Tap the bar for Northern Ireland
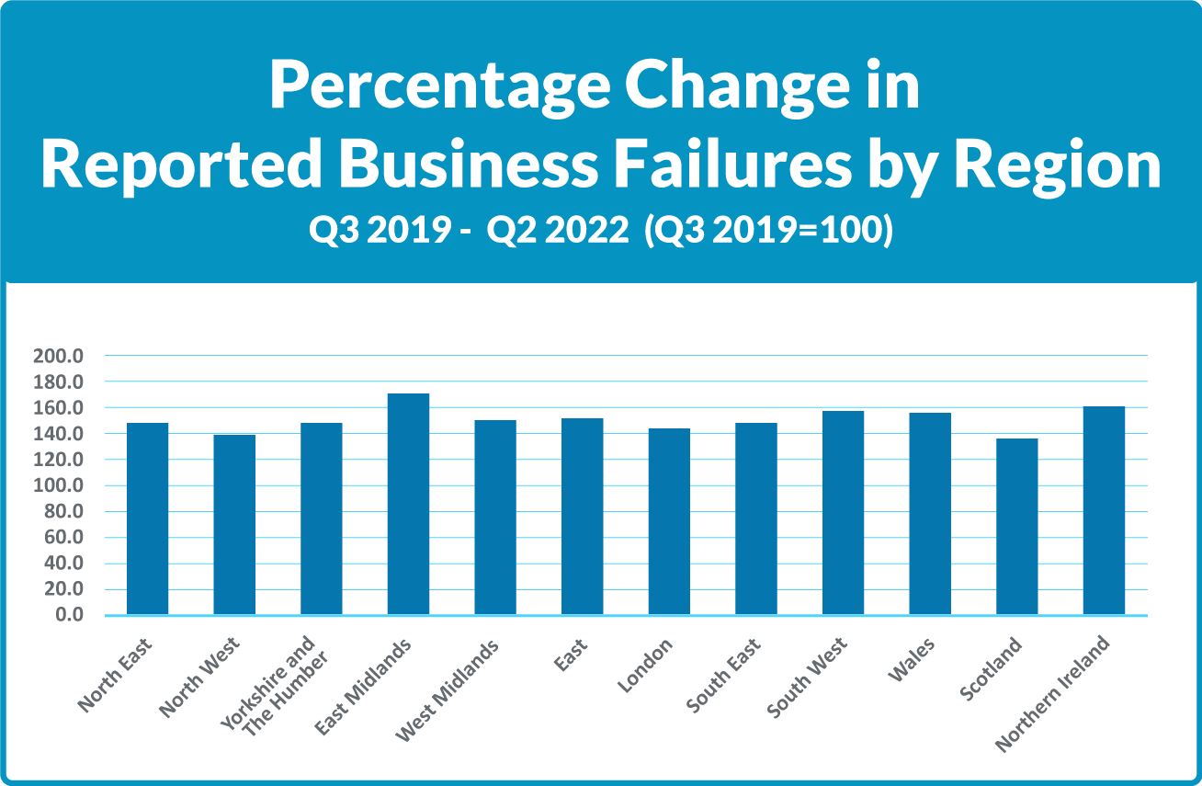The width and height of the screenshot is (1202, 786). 1104,510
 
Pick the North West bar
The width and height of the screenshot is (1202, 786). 234,525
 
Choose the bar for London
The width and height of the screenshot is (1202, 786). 669,521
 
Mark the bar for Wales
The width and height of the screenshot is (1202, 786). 930,514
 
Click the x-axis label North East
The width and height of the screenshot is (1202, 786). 116,674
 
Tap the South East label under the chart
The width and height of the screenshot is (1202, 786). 720,677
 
